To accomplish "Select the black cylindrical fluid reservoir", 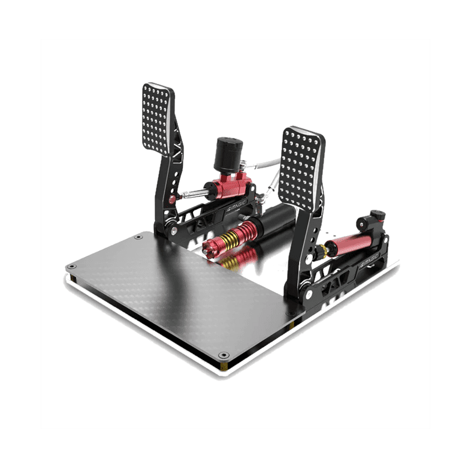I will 227,152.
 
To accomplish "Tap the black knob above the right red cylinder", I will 376,216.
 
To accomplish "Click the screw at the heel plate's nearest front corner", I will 224,355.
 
